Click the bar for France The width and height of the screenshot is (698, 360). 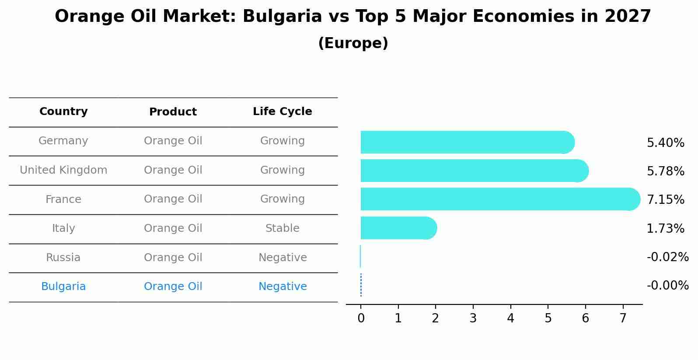pyautogui.click(x=499, y=199)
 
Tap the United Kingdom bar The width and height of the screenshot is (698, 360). pyautogui.click(x=472, y=171)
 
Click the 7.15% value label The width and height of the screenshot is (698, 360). pyautogui.click(x=665, y=200)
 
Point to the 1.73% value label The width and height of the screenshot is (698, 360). pyautogui.click(x=665, y=228)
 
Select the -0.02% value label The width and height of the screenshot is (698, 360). pyautogui.click(x=667, y=257)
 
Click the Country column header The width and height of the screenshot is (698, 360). pyautogui.click(x=63, y=112)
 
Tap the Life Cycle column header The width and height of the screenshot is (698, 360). pyautogui.click(x=283, y=112)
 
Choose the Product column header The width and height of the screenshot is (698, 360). pyautogui.click(x=173, y=112)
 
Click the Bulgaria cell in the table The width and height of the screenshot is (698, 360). pyautogui.click(x=63, y=287)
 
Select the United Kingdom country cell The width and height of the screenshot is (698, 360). pyautogui.click(x=63, y=170)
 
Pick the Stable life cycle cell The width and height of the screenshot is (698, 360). pyautogui.click(x=283, y=228)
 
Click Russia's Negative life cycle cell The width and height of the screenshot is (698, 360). pyautogui.click(x=283, y=258)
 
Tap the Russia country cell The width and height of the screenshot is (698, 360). pyautogui.click(x=63, y=258)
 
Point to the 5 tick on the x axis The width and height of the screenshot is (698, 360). pyautogui.click(x=548, y=318)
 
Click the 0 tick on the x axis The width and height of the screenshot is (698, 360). pyautogui.click(x=361, y=318)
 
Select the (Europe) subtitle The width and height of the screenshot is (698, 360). pyautogui.click(x=353, y=43)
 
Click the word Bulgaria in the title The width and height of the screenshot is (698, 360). pyautogui.click(x=282, y=17)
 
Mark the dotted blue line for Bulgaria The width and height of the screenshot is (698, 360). pyautogui.click(x=361, y=285)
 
